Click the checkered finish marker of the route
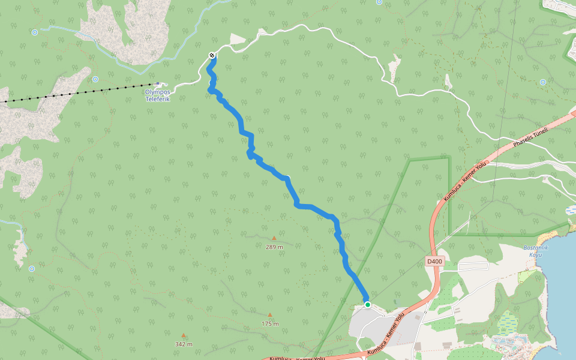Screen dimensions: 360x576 (212, 56)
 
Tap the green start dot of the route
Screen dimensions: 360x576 (367, 305)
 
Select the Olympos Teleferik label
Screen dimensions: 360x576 (158, 95)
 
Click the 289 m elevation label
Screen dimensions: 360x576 (274, 247)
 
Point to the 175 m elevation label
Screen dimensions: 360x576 (270, 324)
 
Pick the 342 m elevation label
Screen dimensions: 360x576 (184, 344)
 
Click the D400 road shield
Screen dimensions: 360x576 (435, 262)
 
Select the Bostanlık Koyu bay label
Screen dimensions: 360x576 (533, 251)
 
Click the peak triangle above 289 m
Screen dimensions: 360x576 (274, 238)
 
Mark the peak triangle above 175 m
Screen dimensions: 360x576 (270, 315)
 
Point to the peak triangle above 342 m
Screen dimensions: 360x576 (184, 335)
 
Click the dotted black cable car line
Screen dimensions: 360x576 (78, 93)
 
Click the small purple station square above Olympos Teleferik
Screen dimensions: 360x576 (158, 84)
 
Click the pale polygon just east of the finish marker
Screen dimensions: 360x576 (238, 40)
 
